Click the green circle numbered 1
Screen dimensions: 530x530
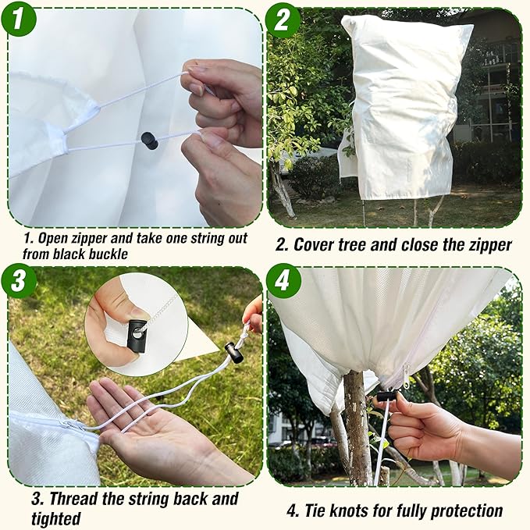pos(19,19)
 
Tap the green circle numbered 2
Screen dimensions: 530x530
pos(283,19)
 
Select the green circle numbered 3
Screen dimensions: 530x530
pos(19,280)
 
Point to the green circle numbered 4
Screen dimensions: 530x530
pos(283,280)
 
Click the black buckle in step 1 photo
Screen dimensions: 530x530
pos(148,141)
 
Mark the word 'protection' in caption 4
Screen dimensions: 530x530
pos(465,511)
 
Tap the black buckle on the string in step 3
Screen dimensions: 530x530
pos(233,353)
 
